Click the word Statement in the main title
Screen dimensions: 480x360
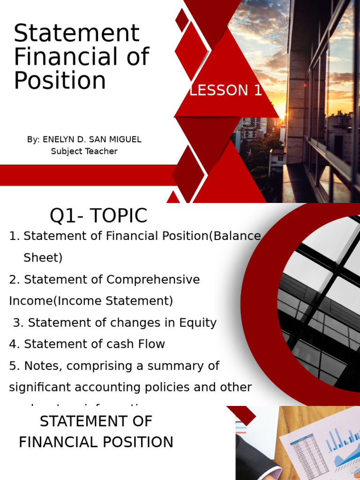(x=76, y=34)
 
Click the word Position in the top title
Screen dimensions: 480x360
(x=60, y=81)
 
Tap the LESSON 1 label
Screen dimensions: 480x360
(x=225, y=90)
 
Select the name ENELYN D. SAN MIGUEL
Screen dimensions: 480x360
(x=92, y=140)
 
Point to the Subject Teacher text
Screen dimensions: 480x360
(x=84, y=151)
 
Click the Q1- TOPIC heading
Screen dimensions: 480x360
(x=98, y=216)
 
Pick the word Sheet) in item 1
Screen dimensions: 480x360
(x=43, y=258)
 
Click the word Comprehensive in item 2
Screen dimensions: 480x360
(x=153, y=280)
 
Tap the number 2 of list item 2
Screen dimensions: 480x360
(x=13, y=280)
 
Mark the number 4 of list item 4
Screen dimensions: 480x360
(x=13, y=344)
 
